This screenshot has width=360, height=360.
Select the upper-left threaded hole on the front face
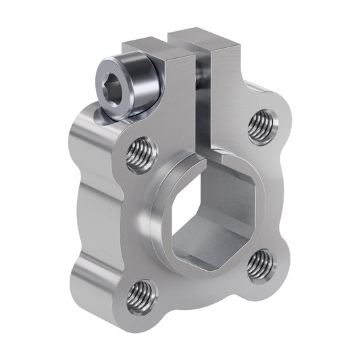(140, 155)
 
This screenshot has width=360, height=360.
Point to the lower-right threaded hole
(260, 265)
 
